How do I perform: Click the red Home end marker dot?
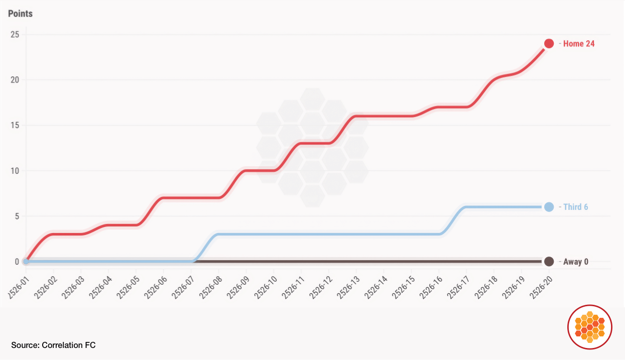pyautogui.click(x=549, y=44)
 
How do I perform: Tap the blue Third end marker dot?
pyautogui.click(x=549, y=207)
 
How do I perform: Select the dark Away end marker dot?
pyautogui.click(x=549, y=262)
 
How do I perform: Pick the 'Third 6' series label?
pyautogui.click(x=575, y=207)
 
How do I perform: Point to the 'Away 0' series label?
pyautogui.click(x=575, y=262)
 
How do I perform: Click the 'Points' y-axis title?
pyautogui.click(x=20, y=14)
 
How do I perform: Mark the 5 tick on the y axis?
pyautogui.click(x=17, y=216)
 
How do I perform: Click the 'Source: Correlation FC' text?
pyautogui.click(x=53, y=345)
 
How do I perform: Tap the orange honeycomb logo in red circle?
pyautogui.click(x=590, y=327)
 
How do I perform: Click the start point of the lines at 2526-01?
pyautogui.click(x=26, y=262)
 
